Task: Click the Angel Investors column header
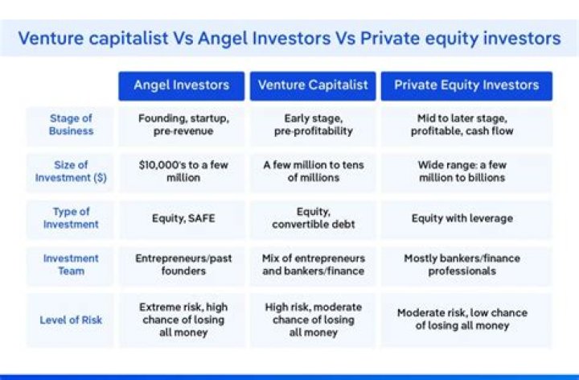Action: click(182, 85)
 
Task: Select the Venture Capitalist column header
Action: click(313, 85)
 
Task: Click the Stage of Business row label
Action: click(70, 125)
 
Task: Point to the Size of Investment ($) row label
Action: click(70, 171)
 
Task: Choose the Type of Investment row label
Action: click(70, 217)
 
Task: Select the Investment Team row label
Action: click(70, 265)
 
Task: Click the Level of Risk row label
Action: click(70, 320)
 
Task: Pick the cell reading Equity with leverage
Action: click(462, 218)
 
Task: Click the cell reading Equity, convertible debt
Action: click(313, 218)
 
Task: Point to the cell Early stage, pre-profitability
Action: click(313, 125)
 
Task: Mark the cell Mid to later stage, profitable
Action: click(462, 125)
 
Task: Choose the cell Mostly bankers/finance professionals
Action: click(462, 265)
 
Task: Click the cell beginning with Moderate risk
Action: click(462, 320)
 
